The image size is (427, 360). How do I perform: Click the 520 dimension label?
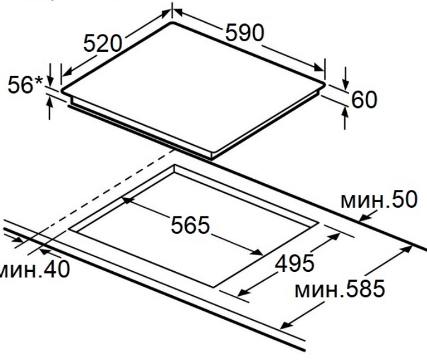tap(102, 43)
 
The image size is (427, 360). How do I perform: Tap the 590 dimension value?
tap(245, 33)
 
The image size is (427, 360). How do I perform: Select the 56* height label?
tap(25, 84)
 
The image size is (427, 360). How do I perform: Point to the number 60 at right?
tap(364, 100)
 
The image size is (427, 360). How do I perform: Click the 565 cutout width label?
tap(190, 225)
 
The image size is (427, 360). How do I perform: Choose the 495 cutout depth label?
tap(295, 263)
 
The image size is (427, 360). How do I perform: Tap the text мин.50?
tap(379, 200)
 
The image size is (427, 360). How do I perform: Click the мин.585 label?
tap(340, 288)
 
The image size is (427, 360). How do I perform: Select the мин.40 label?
tap(34, 269)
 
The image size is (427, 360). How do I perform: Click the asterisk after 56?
tap(39, 81)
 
